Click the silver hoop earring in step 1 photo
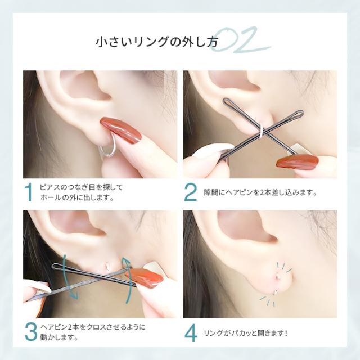coord(109,151)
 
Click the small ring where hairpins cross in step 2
coord(261,133)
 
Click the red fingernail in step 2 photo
coord(297,162)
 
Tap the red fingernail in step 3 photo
coord(147,278)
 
